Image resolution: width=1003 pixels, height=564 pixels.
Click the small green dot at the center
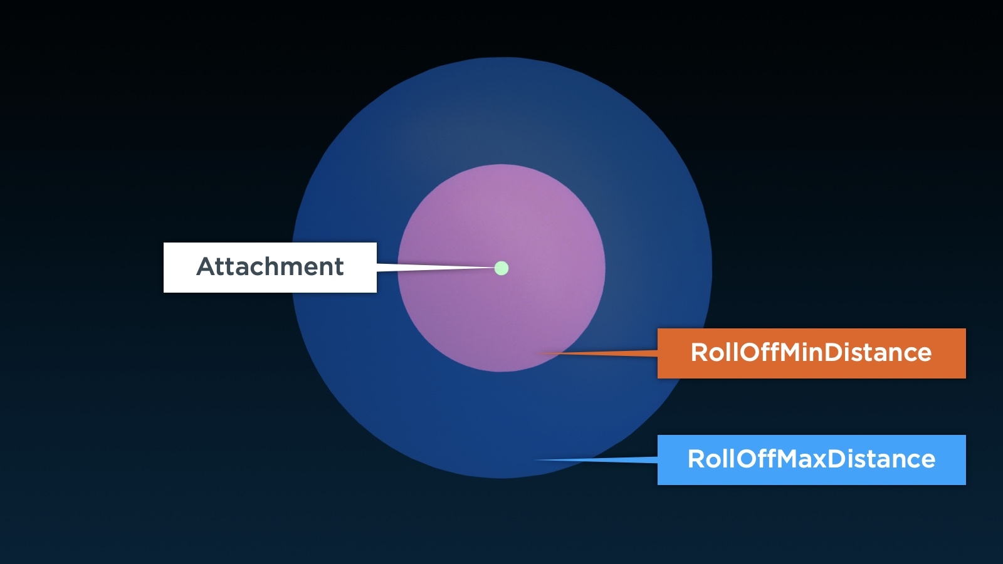501,268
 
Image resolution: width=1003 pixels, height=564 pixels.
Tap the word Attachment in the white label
270,266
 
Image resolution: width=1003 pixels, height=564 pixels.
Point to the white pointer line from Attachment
436,268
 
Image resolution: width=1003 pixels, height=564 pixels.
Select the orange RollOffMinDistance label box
811,353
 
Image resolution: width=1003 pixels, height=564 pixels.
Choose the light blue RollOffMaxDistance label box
811,460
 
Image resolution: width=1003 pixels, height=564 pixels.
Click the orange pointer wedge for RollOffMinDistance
597,353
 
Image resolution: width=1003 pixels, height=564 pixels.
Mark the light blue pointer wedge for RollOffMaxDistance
596,460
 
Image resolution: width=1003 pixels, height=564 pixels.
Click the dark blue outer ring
501,426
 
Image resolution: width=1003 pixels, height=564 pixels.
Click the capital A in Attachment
206,266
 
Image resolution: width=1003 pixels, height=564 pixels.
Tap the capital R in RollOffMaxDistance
695,459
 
